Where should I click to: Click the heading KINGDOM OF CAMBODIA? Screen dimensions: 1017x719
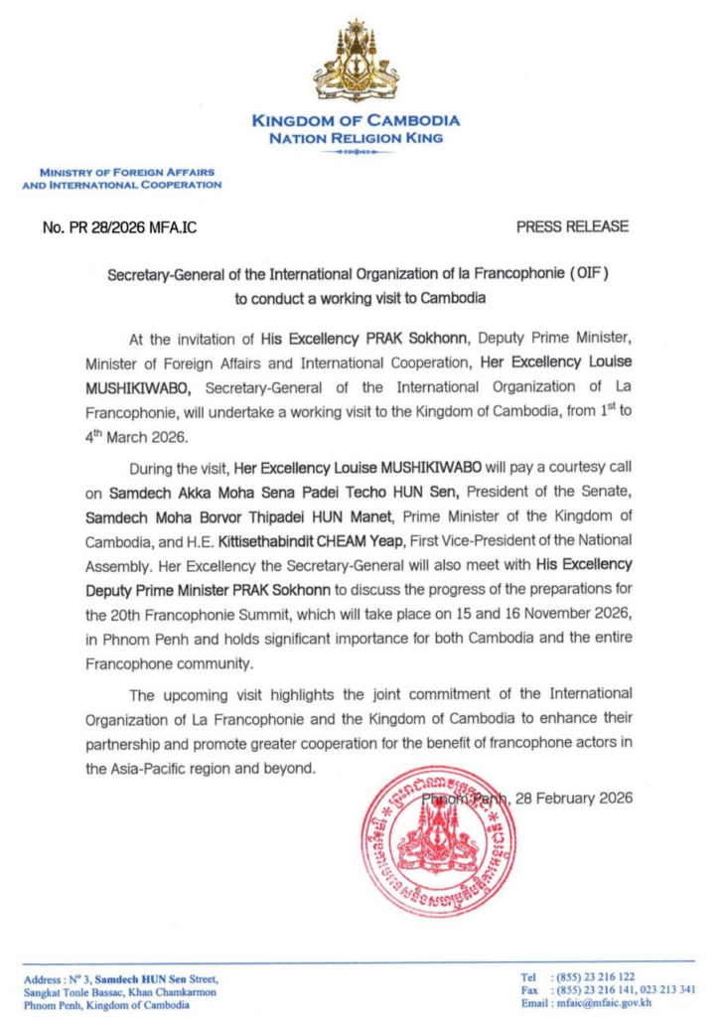tap(357, 121)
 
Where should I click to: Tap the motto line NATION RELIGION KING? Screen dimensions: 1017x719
tap(357, 138)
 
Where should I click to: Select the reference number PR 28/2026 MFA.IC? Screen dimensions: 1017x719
tap(120, 227)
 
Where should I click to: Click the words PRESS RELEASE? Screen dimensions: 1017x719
tap(572, 226)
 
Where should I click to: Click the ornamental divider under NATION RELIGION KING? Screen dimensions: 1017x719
tap(357, 154)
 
